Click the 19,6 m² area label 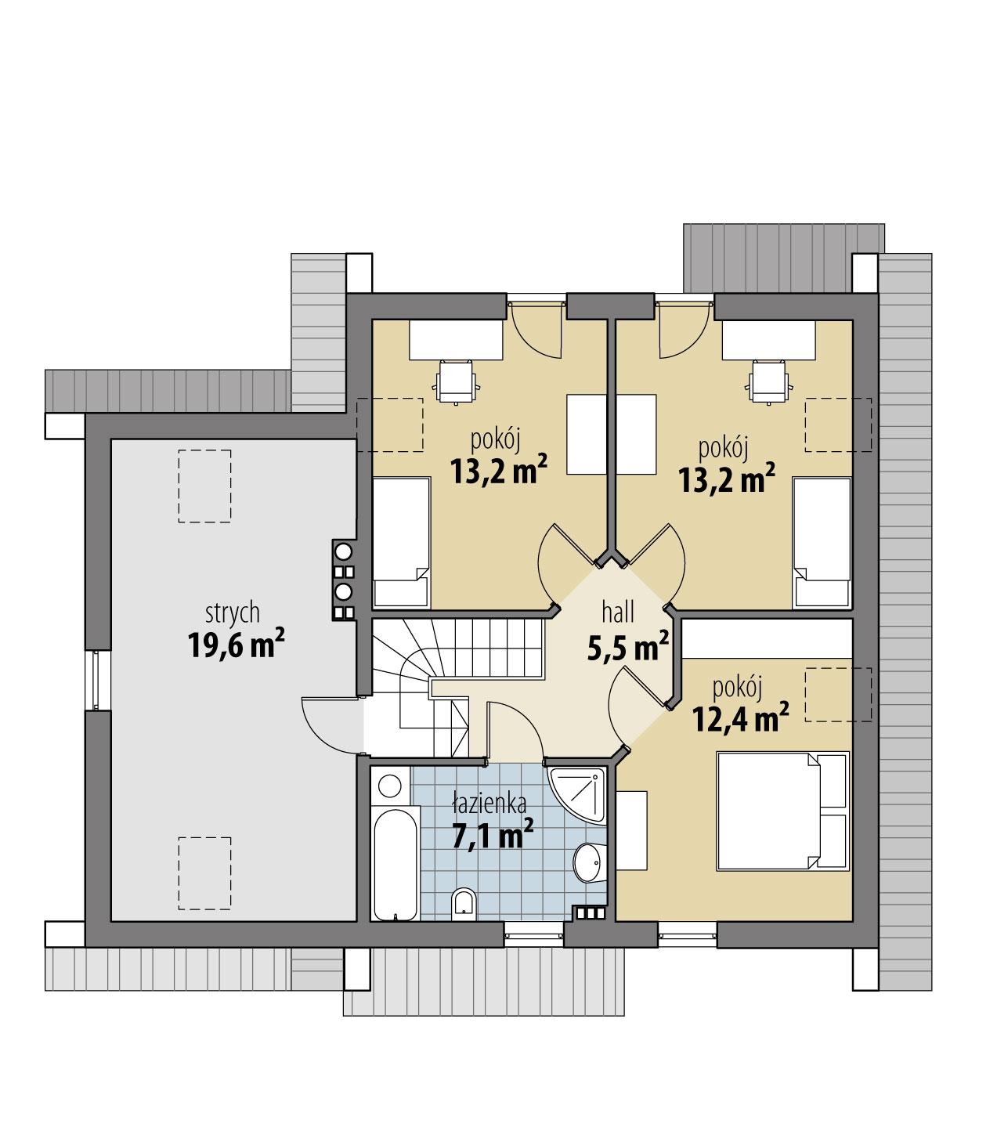(235, 645)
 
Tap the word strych (233, 612)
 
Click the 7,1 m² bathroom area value (493, 835)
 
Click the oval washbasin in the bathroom (587, 862)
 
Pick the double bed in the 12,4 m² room (783, 811)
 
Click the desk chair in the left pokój (457, 381)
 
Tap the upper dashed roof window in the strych (204, 486)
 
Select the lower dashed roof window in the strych (204, 873)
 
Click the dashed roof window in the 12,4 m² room (838, 694)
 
